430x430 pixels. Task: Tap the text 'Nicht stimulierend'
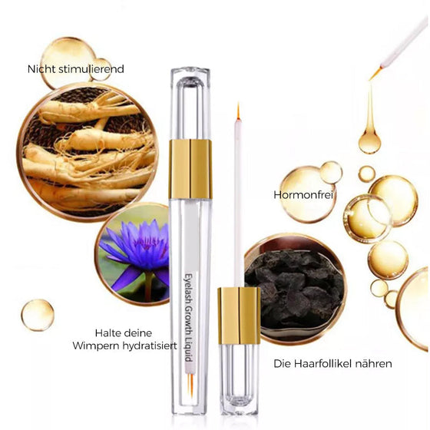(x=75, y=69)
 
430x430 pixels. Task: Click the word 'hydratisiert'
(x=149, y=346)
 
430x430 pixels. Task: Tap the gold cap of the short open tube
(x=239, y=316)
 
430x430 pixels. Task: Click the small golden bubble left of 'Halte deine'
(x=38, y=315)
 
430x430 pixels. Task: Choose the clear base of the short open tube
(x=239, y=380)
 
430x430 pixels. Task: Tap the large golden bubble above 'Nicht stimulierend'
(x=68, y=57)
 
